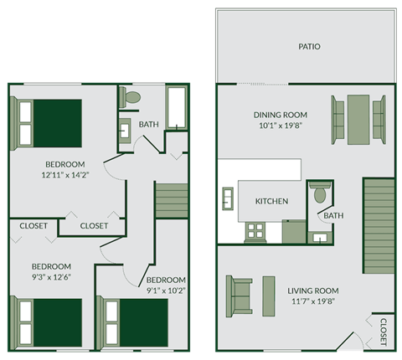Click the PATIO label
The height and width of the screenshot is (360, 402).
[x=309, y=47]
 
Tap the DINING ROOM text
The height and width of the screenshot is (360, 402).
[x=281, y=116]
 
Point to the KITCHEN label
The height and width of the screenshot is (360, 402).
[x=271, y=202]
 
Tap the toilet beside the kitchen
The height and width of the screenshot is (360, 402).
[x=318, y=194]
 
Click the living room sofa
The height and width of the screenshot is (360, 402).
[x=239, y=296]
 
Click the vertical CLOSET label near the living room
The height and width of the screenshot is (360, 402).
[x=383, y=331]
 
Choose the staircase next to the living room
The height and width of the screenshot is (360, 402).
[x=378, y=225]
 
